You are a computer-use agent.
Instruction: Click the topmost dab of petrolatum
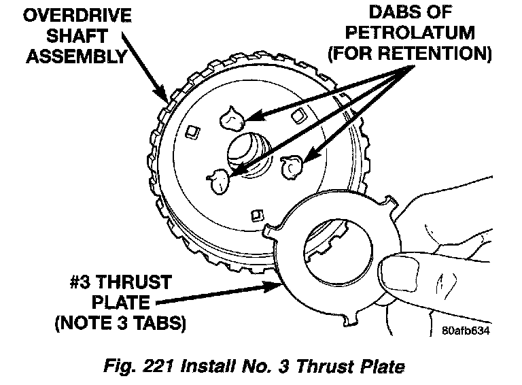(x=231, y=120)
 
